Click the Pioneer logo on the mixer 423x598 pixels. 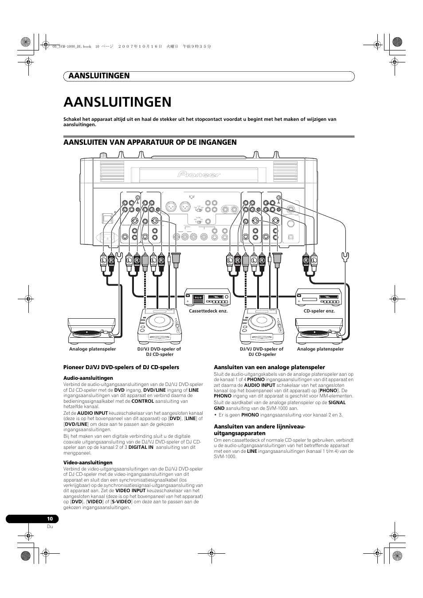click(199, 174)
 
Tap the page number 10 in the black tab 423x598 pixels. click(50, 519)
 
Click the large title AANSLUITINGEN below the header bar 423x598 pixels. click(117, 102)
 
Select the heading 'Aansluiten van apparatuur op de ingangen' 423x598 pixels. click(150, 142)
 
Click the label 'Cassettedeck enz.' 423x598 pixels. click(208, 311)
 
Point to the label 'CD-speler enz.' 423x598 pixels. click(319, 311)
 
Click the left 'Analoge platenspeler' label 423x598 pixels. click(92, 349)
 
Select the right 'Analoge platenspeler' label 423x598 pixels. click(320, 349)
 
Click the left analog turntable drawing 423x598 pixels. click(91, 331)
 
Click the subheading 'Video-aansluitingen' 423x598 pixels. click(88, 463)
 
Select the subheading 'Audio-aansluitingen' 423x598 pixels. click(88, 378)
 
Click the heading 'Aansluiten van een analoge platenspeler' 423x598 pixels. click(269, 367)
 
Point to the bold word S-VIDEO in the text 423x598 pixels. click(121, 502)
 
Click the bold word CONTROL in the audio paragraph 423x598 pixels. click(143, 401)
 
